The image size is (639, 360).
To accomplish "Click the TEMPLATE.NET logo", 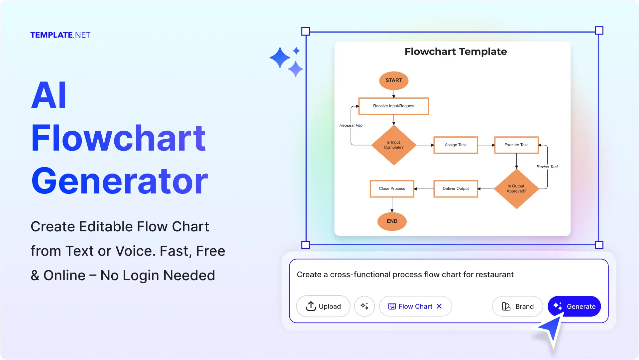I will (x=60, y=35).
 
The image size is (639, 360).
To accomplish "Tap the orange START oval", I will (x=394, y=80).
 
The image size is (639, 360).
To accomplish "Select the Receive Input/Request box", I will (x=394, y=106).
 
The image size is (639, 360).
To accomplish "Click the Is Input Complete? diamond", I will (x=394, y=145).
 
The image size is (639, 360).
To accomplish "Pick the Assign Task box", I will (x=456, y=145).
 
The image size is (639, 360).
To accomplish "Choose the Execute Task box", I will (x=516, y=145).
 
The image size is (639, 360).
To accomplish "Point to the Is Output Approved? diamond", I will (x=516, y=189).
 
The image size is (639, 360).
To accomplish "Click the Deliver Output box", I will (x=456, y=189).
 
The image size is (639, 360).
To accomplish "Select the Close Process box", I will (x=392, y=189).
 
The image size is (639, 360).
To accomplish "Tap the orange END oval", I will (x=392, y=221).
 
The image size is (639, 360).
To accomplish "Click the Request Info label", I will (x=351, y=125).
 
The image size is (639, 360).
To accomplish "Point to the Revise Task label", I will (x=547, y=167).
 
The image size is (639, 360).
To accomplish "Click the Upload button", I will (x=323, y=306).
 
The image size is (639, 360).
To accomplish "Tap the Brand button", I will (x=517, y=306).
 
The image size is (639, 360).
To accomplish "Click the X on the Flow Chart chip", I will (x=439, y=306).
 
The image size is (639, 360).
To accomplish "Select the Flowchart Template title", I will (x=456, y=52).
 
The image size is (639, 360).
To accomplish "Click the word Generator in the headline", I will (x=120, y=181).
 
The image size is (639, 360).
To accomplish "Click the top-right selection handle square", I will (x=599, y=31).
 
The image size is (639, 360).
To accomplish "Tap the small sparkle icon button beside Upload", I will (x=365, y=306).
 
